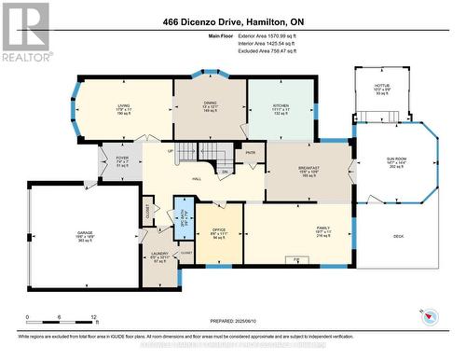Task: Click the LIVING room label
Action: pos(123,107)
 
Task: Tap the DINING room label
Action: pos(210,103)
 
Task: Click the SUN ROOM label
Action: pos(397,159)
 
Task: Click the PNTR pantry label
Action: pos(251,153)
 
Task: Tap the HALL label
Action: pos(198,179)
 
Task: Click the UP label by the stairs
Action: pos(170,151)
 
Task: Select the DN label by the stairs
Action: pos(225,172)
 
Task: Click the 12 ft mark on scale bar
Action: pos(93,317)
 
